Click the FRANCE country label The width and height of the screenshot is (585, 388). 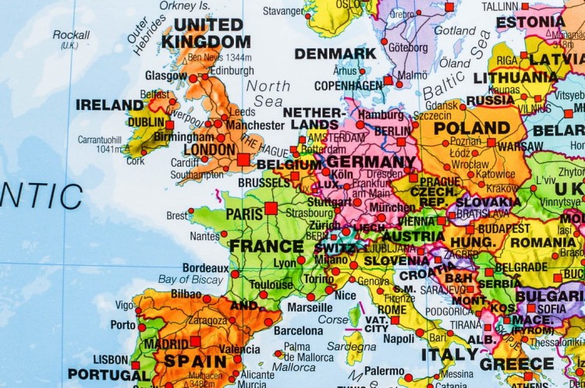pyautogui.click(x=266, y=246)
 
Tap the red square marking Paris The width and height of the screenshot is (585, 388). pyautogui.click(x=271, y=208)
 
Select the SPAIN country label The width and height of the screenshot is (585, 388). pyautogui.click(x=194, y=361)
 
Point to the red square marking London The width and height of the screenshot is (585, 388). pyautogui.click(x=243, y=159)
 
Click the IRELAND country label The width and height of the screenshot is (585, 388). pyautogui.click(x=109, y=104)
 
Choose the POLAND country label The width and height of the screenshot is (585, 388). pyautogui.click(x=472, y=127)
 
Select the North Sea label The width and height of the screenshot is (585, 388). pyautogui.click(x=268, y=93)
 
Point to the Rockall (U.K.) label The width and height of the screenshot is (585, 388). pyautogui.click(x=71, y=39)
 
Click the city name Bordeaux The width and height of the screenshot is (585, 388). pyautogui.click(x=205, y=267)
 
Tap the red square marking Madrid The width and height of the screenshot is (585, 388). pyautogui.click(x=195, y=341)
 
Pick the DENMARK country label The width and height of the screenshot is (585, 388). pyautogui.click(x=335, y=54)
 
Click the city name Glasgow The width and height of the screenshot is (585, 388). pyautogui.click(x=165, y=76)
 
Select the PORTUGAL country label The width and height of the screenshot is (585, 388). pyautogui.click(x=107, y=374)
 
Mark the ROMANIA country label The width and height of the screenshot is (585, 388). pyautogui.click(x=543, y=242)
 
